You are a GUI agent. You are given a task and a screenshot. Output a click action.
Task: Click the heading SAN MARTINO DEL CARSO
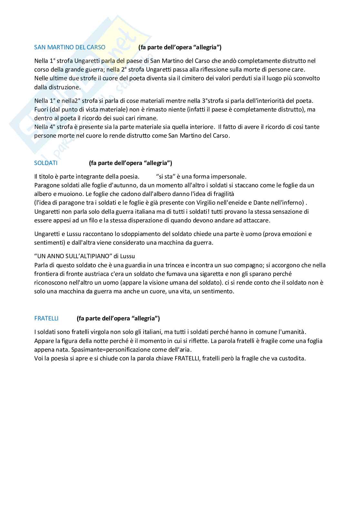tap(70, 47)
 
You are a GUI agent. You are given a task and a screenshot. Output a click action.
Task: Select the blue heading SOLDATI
tap(46, 163)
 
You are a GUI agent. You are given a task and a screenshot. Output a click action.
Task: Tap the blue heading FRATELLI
tap(46, 318)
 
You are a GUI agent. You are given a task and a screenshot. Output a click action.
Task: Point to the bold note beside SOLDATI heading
tap(130, 163)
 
